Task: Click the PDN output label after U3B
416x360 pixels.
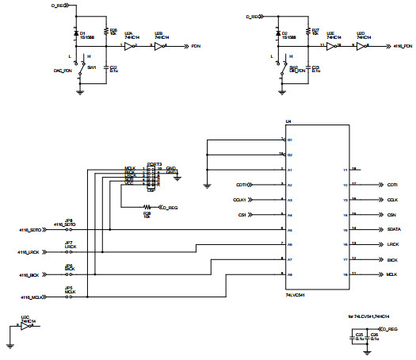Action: (196, 48)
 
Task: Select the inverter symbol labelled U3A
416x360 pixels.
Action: (129, 47)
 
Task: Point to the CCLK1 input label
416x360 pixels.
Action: (241, 200)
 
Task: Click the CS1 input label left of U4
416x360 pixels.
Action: (242, 215)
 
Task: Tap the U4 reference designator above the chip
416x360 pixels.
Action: (288, 121)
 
